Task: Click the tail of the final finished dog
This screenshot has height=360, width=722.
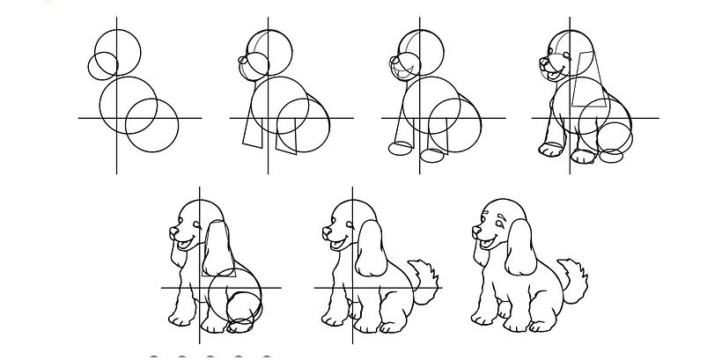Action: [x=576, y=280]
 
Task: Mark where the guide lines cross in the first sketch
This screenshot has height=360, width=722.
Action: [x=116, y=117]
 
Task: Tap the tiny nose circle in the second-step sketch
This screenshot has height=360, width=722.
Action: [x=243, y=60]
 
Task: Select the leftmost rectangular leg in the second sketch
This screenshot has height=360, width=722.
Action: [x=254, y=130]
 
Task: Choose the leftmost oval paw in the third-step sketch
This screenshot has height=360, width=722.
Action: [x=402, y=148]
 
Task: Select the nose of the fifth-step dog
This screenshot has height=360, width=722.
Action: [x=172, y=232]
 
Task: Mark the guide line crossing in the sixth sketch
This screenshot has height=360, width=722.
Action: [x=351, y=287]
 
